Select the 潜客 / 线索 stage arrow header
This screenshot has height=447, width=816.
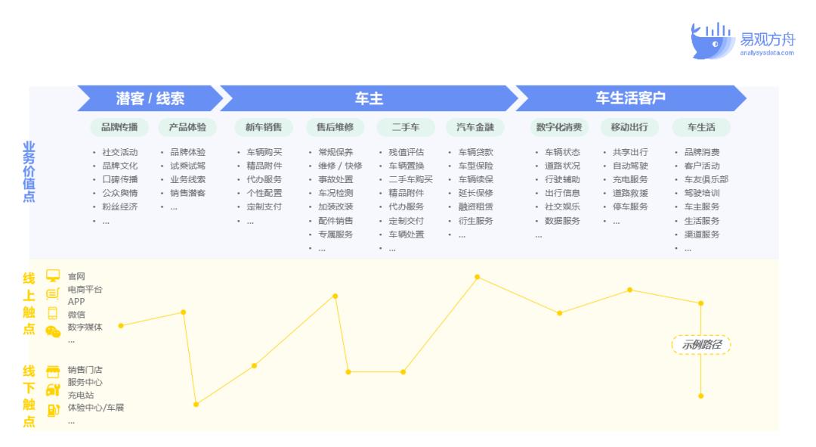150,98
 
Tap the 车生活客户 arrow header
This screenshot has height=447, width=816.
630,98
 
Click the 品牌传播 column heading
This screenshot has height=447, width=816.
119,127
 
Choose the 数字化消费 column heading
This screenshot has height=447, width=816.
558,127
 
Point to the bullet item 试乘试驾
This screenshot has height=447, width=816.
187,166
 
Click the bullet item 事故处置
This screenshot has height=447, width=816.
335,179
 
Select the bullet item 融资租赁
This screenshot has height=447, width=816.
475,206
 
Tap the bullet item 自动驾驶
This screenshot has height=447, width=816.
630,166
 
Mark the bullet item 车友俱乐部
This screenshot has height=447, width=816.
706,179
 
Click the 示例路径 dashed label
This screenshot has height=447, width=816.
701,345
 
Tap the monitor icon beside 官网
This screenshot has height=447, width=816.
53,275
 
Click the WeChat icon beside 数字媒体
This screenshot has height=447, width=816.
53,331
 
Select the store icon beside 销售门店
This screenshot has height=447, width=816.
53,371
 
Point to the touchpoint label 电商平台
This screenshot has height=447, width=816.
85,289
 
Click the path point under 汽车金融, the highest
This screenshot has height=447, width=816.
477,277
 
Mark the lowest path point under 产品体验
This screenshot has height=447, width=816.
196,404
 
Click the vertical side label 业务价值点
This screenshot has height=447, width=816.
29,172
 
